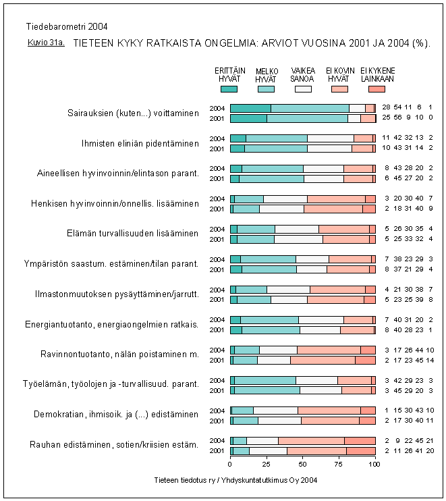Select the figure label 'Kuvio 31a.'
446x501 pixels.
(x=42, y=42)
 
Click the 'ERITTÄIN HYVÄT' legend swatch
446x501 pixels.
(x=229, y=88)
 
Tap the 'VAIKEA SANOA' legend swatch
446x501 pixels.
(x=302, y=88)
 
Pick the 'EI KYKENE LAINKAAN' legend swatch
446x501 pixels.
(x=377, y=88)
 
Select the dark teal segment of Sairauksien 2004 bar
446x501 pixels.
(x=250, y=108)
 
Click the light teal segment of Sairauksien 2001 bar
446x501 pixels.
(x=307, y=118)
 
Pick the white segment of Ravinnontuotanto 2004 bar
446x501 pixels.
(x=278, y=350)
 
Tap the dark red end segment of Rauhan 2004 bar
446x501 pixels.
(x=360, y=441)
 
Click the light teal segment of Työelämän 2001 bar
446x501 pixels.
(x=267, y=390)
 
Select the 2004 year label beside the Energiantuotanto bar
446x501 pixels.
(x=217, y=319)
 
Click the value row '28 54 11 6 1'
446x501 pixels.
(x=407, y=108)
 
